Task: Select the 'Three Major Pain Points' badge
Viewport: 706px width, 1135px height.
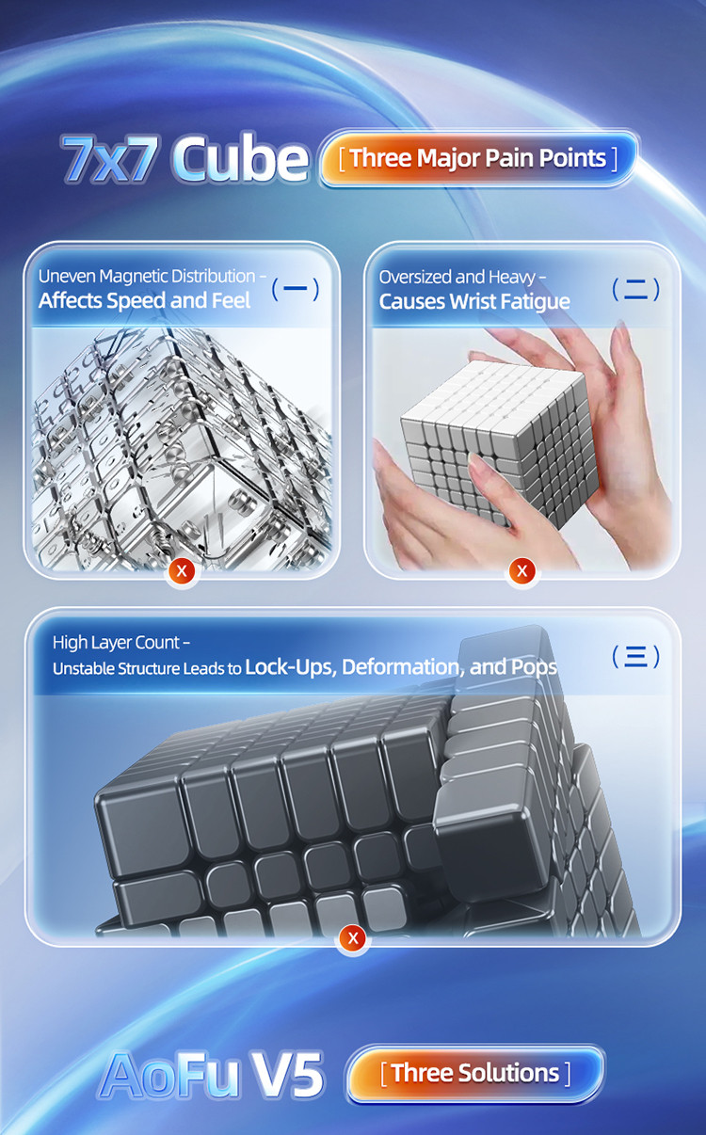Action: click(478, 157)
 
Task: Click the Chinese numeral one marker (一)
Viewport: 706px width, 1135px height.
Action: click(295, 289)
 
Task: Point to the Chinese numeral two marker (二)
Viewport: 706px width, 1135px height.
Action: click(635, 289)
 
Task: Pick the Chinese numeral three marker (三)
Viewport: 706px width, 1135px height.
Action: click(635, 656)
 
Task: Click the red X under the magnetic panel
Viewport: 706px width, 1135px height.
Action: click(182, 570)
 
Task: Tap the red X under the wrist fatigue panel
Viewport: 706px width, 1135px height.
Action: click(521, 570)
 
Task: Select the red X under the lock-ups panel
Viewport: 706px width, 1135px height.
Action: click(353, 937)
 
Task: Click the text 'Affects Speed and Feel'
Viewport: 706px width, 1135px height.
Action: click(144, 301)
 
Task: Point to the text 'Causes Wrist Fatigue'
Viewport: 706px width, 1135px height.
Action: click(474, 301)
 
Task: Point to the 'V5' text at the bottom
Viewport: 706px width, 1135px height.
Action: click(286, 1074)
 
